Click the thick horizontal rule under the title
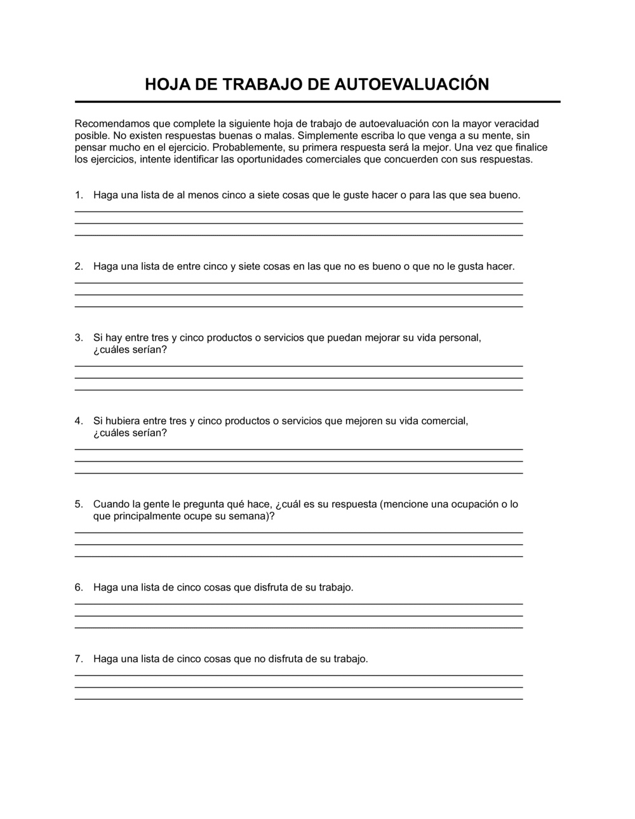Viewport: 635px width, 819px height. [317, 102]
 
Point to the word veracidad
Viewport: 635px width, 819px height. [516, 123]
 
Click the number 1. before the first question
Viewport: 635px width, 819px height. [79, 195]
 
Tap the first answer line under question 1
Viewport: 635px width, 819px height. [298, 211]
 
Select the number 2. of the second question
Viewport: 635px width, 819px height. [79, 266]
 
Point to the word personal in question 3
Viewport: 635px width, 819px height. [460, 338]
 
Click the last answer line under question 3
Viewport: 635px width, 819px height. [298, 390]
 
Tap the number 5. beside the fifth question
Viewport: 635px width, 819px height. [79, 504]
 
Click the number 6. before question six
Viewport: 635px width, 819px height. [79, 587]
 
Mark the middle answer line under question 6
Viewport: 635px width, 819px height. [298, 616]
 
